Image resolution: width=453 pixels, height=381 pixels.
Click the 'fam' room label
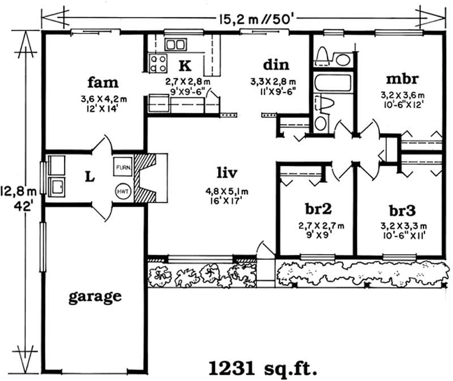click(103, 83)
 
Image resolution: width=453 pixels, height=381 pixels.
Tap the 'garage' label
click(95, 296)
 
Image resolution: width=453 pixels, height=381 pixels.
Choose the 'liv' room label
click(225, 171)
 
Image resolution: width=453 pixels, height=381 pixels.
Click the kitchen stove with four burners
click(157, 62)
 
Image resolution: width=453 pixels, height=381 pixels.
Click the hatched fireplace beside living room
click(149, 177)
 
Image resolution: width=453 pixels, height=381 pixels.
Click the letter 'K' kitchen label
click(185, 64)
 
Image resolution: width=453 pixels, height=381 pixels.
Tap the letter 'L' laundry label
click(89, 177)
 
